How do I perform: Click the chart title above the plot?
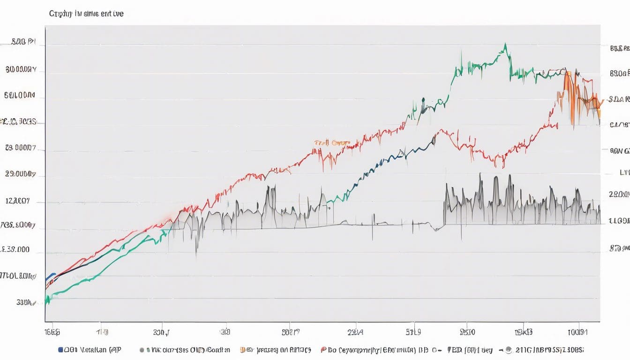(x=86, y=14)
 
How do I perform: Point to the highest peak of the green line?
(x=505, y=44)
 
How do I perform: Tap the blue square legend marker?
(x=60, y=350)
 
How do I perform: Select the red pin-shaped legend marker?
(x=323, y=350)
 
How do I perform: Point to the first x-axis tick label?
(x=52, y=332)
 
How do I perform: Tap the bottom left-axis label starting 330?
(x=26, y=302)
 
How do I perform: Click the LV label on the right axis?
(x=624, y=172)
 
